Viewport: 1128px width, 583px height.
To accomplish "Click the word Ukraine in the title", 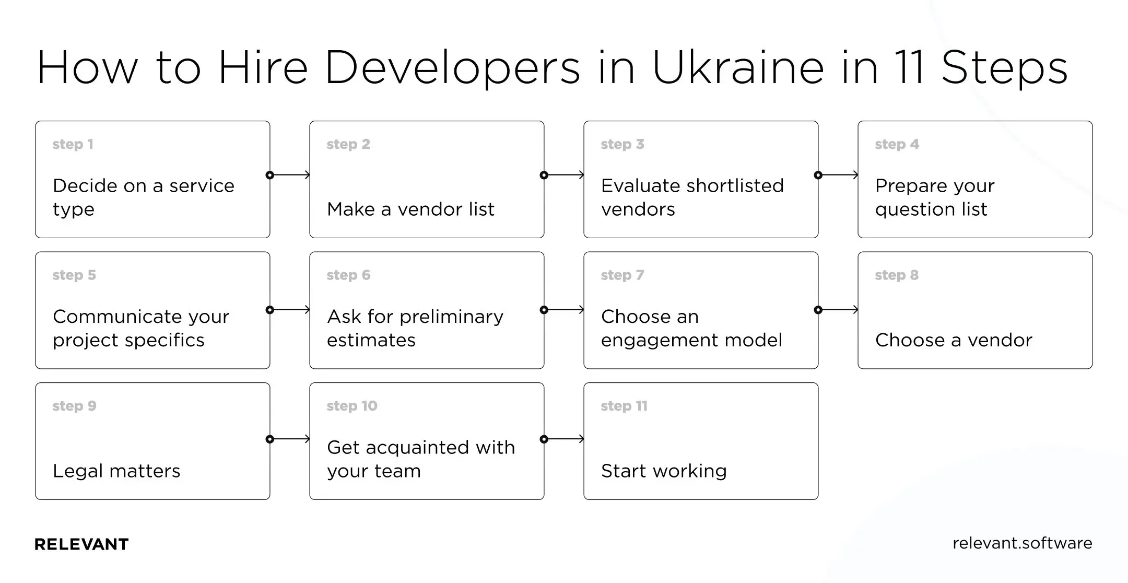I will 738,68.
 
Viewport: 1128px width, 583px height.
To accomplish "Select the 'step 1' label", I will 73,144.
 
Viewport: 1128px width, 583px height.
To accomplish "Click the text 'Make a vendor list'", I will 410,209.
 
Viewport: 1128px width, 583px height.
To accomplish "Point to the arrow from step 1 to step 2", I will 290,175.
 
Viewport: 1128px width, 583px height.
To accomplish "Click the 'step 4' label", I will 897,144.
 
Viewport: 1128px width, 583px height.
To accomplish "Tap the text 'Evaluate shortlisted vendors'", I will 692,197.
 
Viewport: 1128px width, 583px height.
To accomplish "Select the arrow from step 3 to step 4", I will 838,175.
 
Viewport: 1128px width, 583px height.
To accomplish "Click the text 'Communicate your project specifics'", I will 140,328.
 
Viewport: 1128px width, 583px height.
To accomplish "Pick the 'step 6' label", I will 348,275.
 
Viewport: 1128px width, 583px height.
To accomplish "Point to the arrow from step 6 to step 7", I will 564,310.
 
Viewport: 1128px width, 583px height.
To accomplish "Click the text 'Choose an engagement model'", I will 691,328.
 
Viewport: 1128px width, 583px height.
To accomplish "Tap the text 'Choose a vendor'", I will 954,340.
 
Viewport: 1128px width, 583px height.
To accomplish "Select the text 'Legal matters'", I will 116,471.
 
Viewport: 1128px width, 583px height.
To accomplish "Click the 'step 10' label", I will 351,406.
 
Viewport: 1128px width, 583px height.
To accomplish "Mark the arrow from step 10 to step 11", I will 564,439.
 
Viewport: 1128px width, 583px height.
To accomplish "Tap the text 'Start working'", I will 663,471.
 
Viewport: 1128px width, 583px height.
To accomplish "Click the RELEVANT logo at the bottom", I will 81,544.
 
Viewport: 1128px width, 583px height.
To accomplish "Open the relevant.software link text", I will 1022,543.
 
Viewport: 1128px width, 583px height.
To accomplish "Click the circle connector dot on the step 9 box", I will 269,439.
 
